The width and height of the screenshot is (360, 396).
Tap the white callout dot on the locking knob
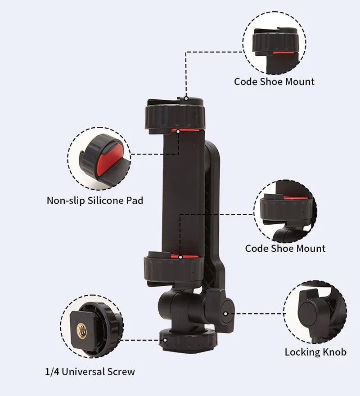click(225, 314)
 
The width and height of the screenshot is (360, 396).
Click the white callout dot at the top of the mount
click(186, 98)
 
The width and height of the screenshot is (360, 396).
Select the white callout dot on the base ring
click(165, 340)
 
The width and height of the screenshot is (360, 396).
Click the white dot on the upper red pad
click(178, 131)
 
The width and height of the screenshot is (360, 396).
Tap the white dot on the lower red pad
click(180, 257)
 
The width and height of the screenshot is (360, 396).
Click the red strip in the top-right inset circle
click(283, 53)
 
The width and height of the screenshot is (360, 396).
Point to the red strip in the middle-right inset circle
click(295, 198)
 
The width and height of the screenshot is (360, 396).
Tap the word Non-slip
click(66, 200)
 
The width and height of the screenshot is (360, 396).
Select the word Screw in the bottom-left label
click(121, 372)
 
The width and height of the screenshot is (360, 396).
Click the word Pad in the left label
click(135, 200)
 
